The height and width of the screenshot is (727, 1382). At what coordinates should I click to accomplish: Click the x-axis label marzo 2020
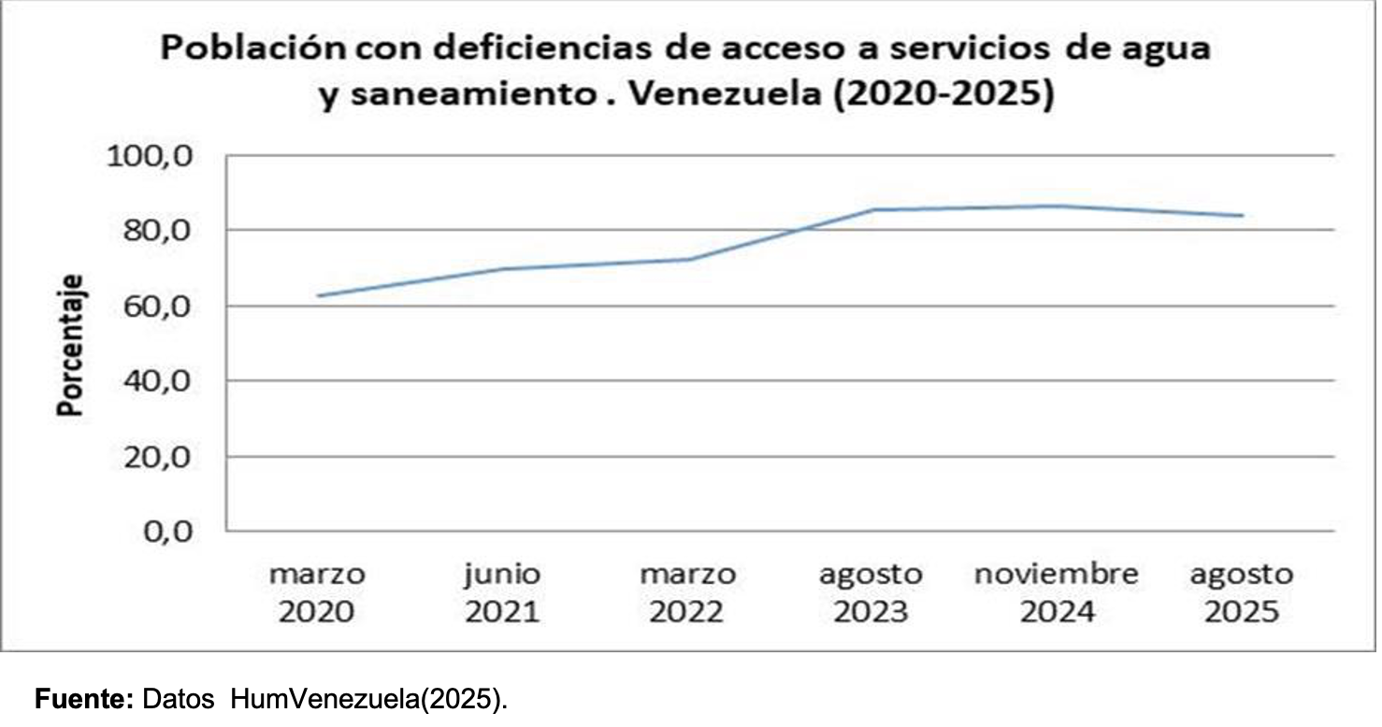pos(318,592)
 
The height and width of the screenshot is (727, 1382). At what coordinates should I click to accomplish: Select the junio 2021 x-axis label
pos(503,592)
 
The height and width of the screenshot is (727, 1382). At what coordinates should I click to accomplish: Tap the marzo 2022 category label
pos(687,592)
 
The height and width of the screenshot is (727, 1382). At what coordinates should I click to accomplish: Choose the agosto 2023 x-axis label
pos(871,592)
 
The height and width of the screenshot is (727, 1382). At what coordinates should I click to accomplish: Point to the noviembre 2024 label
pos(1057,592)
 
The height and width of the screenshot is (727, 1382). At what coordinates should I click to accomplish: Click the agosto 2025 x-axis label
pos(1241,592)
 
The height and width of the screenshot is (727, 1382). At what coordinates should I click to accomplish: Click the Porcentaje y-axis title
pos(70,344)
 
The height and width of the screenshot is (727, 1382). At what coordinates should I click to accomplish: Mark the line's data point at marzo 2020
pos(318,295)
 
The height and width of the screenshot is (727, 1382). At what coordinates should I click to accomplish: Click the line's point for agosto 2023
pos(872,209)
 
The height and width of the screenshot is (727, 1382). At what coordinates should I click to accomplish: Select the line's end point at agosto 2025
pos(1242,215)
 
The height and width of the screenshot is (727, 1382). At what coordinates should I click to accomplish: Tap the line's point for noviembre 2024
pos(1057,206)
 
